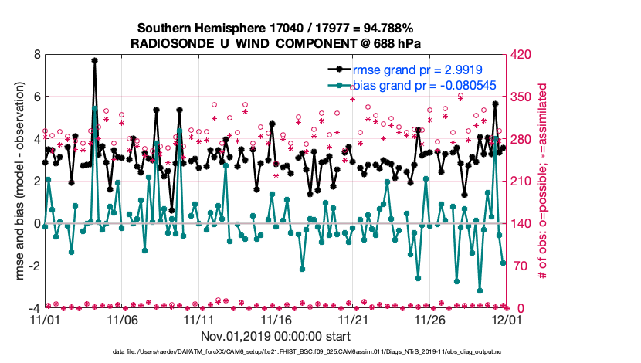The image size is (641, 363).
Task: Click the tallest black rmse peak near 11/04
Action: point(94,60)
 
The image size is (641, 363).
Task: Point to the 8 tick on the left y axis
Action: point(36,55)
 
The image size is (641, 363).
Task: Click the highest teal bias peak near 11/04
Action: point(94,108)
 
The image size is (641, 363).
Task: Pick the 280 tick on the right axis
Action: point(522,139)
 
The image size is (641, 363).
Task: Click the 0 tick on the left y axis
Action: point(36,224)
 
